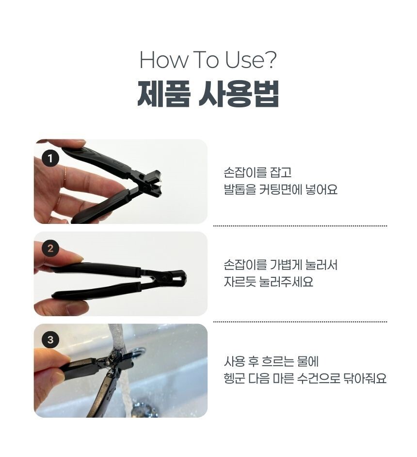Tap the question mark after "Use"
point(271,60)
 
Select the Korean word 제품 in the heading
point(164,93)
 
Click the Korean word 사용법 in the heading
point(239,93)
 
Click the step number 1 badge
point(50,158)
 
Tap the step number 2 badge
point(50,248)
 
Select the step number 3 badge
point(50,339)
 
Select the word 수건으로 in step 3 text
point(319,379)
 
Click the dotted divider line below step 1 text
point(300,225)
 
